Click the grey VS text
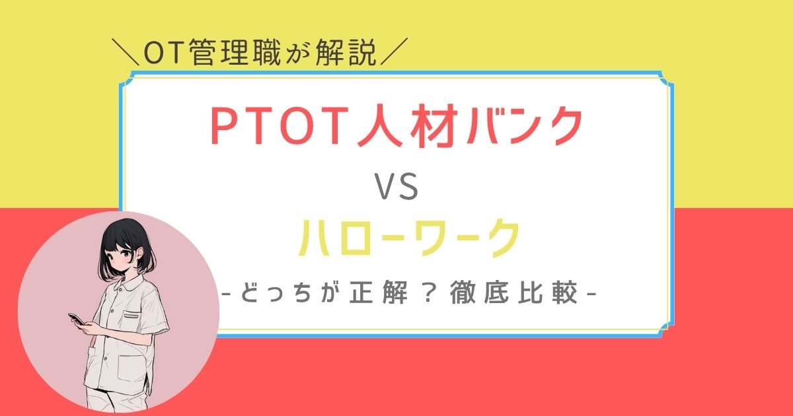pos(397,190)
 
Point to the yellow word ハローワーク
pos(406,240)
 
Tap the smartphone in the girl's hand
pos(77,319)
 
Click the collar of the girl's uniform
pos(125,288)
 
